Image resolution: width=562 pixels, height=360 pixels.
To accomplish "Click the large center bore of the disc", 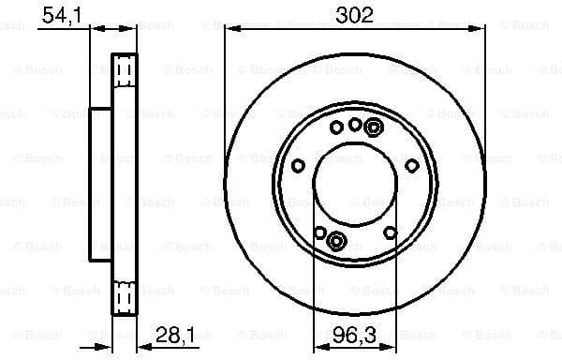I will click(355, 183).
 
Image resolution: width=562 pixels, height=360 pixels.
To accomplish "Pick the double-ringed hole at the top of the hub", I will click(374, 127).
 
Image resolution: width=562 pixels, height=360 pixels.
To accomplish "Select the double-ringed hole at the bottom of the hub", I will click(336, 240).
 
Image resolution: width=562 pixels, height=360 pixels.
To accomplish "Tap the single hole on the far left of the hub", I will click(298, 166).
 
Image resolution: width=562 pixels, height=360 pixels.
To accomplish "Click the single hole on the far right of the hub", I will click(412, 166).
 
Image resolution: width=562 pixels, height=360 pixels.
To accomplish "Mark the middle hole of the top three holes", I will click(355, 124).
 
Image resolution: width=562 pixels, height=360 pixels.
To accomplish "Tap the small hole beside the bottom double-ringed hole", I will click(320, 233).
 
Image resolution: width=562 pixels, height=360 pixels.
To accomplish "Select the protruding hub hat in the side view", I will click(100, 183).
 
